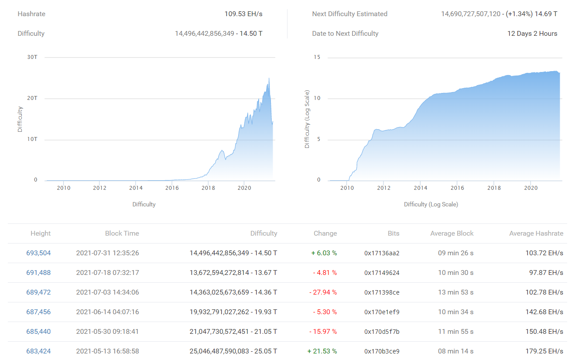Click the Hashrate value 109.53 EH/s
point(243,14)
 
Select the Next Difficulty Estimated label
point(349,14)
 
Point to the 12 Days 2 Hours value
point(532,34)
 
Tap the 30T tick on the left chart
point(33,57)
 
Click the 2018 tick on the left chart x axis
point(208,188)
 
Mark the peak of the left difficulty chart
point(269,78)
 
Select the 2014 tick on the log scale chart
point(420,188)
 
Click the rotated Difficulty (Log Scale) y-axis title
point(307,119)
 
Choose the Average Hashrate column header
point(536,233)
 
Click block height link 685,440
point(38,332)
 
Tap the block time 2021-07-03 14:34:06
point(107,292)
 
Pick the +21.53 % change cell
point(322,351)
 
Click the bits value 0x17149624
point(382,273)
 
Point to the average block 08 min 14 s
point(455,351)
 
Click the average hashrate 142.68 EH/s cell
point(544,312)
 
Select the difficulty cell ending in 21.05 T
point(233,332)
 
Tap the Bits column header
point(393,233)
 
